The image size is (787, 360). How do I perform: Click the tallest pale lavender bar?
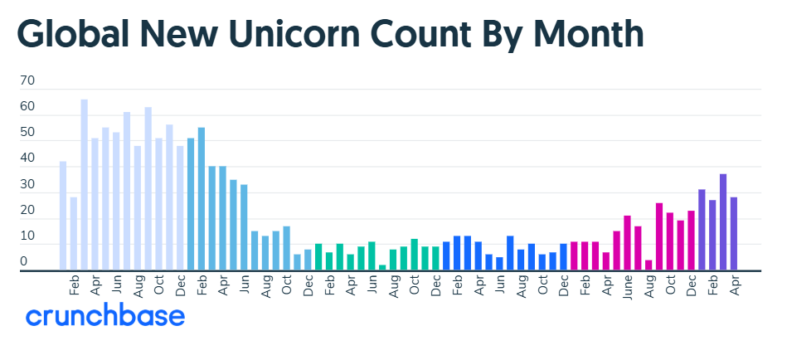pyautogui.click(x=85, y=185)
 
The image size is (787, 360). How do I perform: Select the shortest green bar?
pyautogui.click(x=382, y=267)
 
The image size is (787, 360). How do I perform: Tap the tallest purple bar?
pyautogui.click(x=723, y=222)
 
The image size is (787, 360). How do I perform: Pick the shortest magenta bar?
pyautogui.click(x=649, y=265)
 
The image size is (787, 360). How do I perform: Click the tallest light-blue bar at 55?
pyautogui.click(x=202, y=199)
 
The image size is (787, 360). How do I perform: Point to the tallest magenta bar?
pyautogui.click(x=659, y=236)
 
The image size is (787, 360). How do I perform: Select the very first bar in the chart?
pyautogui.click(x=63, y=216)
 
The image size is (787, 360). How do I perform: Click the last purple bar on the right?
pyautogui.click(x=734, y=233)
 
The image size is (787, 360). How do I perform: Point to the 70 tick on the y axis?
pyautogui.click(x=27, y=80)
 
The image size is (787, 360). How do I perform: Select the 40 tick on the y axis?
pyautogui.click(x=27, y=158)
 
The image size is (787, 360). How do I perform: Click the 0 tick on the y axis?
pyautogui.click(x=23, y=261)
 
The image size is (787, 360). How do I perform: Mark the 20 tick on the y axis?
pyautogui.click(x=27, y=210)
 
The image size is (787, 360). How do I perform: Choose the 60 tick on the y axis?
pyautogui.click(x=27, y=106)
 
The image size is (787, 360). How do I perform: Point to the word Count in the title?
pyautogui.click(x=421, y=34)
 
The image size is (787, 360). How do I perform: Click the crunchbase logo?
pyautogui.click(x=105, y=316)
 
